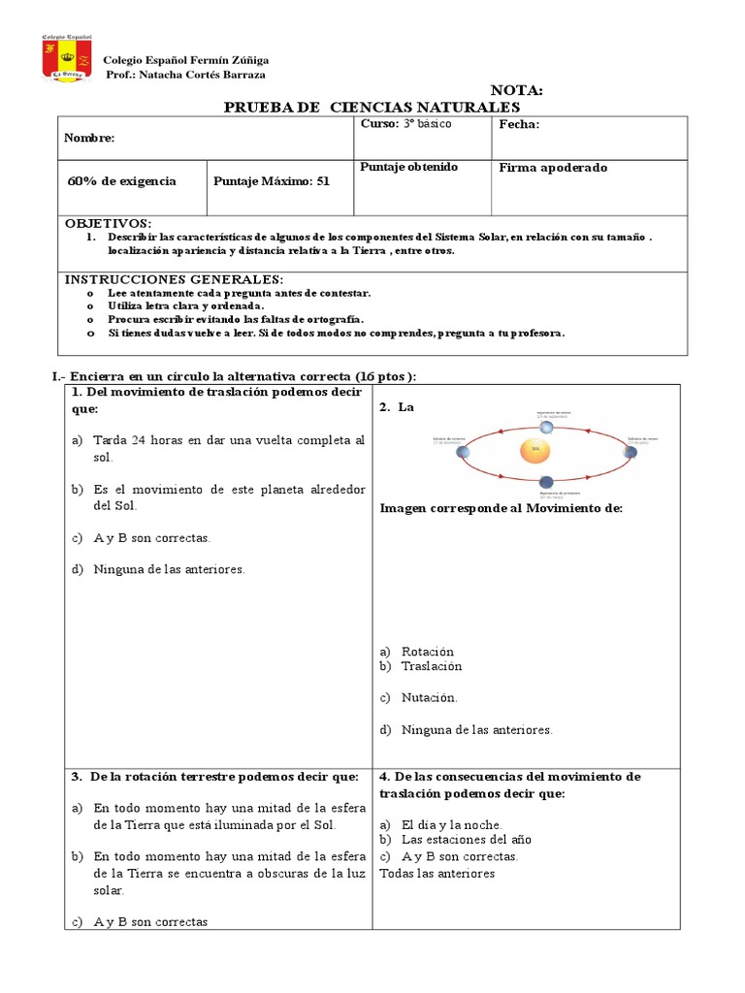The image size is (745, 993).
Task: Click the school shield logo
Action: (x=67, y=59)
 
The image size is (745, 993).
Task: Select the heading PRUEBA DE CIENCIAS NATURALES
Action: (x=372, y=107)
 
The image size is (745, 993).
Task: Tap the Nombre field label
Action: (x=89, y=138)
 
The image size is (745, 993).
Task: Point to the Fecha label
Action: (x=519, y=125)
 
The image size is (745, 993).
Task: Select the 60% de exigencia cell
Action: (x=122, y=181)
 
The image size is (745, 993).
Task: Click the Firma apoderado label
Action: (x=553, y=168)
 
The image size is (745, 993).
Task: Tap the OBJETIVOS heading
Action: (x=108, y=223)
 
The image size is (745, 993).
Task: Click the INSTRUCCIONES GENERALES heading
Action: (x=174, y=279)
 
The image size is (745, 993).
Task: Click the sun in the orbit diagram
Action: (x=535, y=450)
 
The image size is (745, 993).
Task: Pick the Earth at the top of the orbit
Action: (x=546, y=427)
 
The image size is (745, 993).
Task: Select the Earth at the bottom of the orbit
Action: (x=548, y=482)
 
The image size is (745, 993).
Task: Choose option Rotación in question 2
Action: (x=427, y=652)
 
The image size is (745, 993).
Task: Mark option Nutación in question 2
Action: (x=429, y=697)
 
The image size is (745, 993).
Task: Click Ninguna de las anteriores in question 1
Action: (x=169, y=569)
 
